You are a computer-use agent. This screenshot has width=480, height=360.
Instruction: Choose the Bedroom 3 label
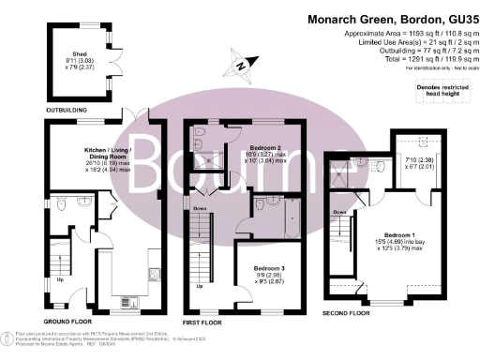point(258,268)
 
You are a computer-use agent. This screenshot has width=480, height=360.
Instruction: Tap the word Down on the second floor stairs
point(339,212)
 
